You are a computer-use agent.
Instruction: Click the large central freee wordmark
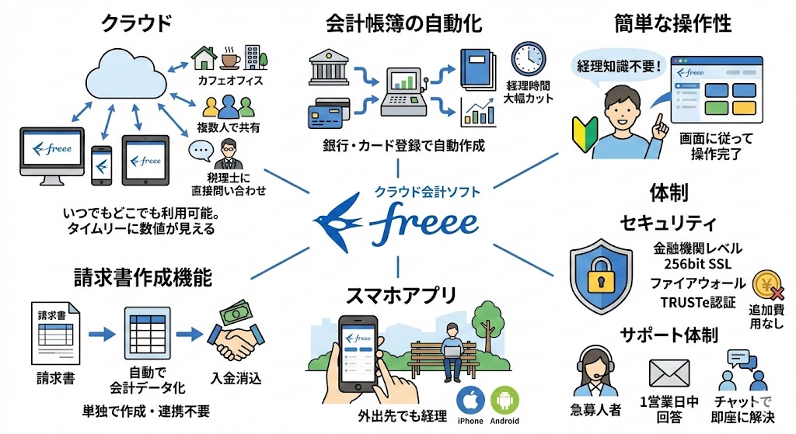[x=424, y=223]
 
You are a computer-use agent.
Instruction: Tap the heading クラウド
[x=136, y=23]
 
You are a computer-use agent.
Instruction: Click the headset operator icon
[x=592, y=371]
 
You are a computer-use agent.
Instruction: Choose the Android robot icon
[x=505, y=400]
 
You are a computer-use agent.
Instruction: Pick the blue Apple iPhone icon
[x=470, y=400]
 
